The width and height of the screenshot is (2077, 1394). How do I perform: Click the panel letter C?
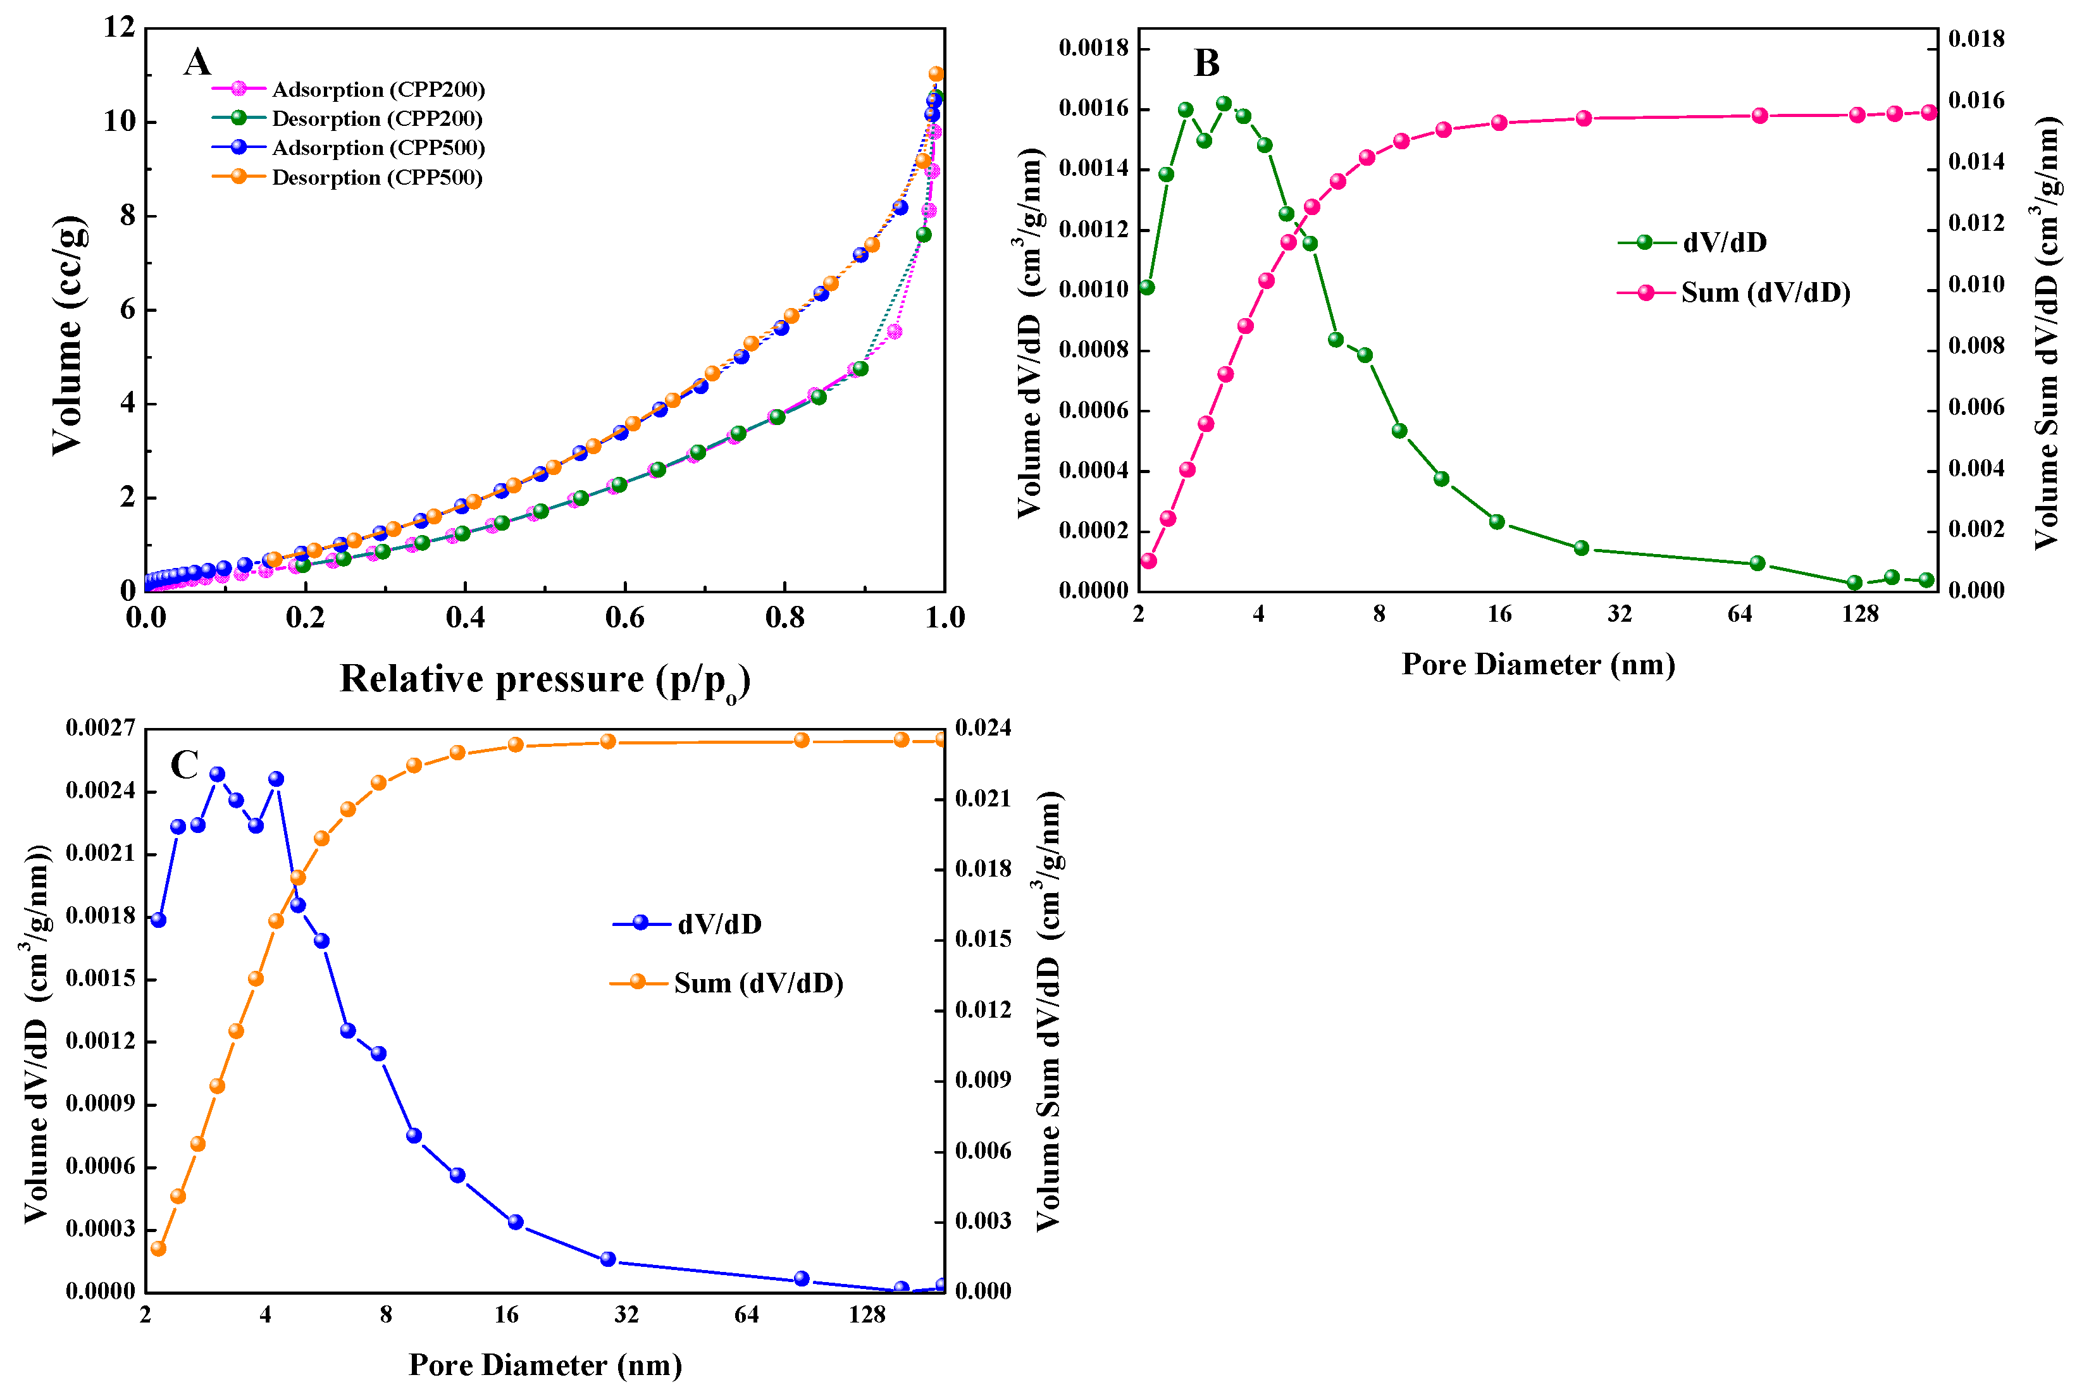184,765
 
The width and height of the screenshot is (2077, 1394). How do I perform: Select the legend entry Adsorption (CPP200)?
378,90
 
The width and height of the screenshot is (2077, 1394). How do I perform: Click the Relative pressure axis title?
544,680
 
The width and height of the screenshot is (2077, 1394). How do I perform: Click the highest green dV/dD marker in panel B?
1224,104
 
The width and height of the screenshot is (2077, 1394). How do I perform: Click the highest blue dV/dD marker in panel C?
217,774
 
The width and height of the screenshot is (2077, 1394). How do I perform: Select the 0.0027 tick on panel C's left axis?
101,728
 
